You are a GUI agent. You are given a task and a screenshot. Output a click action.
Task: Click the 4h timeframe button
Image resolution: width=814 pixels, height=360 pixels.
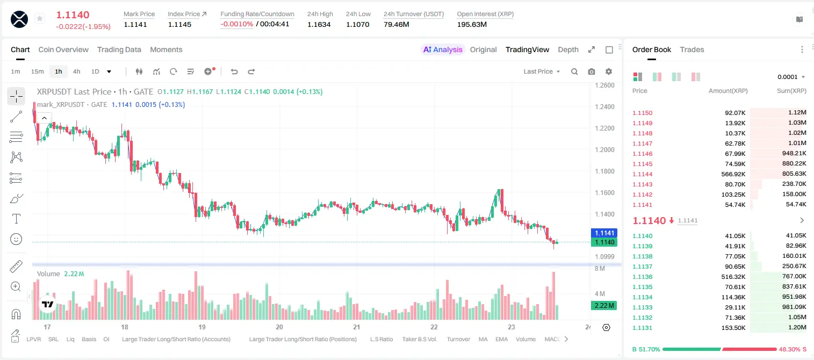pyautogui.click(x=76, y=71)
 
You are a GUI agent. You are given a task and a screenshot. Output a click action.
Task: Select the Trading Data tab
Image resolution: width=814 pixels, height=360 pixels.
pyautogui.click(x=119, y=49)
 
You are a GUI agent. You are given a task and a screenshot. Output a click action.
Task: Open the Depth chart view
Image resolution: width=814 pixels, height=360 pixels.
pyautogui.click(x=568, y=49)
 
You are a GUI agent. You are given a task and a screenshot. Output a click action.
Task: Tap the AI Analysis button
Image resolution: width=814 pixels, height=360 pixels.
pyautogui.click(x=443, y=49)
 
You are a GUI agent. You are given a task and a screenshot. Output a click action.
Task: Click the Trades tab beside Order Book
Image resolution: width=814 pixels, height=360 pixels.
pyautogui.click(x=692, y=49)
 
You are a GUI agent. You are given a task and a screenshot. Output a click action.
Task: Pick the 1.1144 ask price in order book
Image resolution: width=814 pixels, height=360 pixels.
pyautogui.click(x=643, y=174)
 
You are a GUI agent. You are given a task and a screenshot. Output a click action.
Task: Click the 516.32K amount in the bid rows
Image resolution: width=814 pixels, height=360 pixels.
pyautogui.click(x=733, y=277)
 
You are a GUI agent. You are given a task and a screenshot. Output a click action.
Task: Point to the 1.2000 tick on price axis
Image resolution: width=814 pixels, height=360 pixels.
pyautogui.click(x=604, y=150)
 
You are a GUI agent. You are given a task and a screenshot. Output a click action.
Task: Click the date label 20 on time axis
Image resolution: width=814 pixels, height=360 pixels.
pyautogui.click(x=279, y=327)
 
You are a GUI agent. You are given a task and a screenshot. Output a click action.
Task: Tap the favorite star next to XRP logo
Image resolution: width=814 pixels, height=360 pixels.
pyautogui.click(x=40, y=18)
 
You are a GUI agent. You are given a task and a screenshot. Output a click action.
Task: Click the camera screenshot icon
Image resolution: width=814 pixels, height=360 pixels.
pyautogui.click(x=592, y=71)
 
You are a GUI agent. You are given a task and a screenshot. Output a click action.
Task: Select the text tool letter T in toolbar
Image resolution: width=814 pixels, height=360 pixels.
pyautogui.click(x=16, y=219)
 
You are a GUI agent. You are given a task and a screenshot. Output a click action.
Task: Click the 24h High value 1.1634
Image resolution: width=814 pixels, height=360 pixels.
pyautogui.click(x=319, y=24)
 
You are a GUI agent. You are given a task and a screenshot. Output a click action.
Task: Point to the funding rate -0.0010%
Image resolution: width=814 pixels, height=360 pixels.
pyautogui.click(x=236, y=24)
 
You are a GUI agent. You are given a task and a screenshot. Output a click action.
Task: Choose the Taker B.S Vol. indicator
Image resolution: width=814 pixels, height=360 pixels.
pyautogui.click(x=420, y=339)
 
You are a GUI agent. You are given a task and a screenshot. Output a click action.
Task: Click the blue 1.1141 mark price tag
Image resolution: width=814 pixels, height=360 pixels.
pyautogui.click(x=604, y=233)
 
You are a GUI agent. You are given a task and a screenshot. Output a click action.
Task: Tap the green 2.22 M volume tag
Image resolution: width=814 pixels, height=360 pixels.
pyautogui.click(x=604, y=306)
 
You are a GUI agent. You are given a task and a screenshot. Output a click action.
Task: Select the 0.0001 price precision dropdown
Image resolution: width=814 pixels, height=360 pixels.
pyautogui.click(x=791, y=77)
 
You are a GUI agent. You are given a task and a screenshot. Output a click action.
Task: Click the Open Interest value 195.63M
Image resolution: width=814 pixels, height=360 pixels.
pyautogui.click(x=472, y=24)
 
